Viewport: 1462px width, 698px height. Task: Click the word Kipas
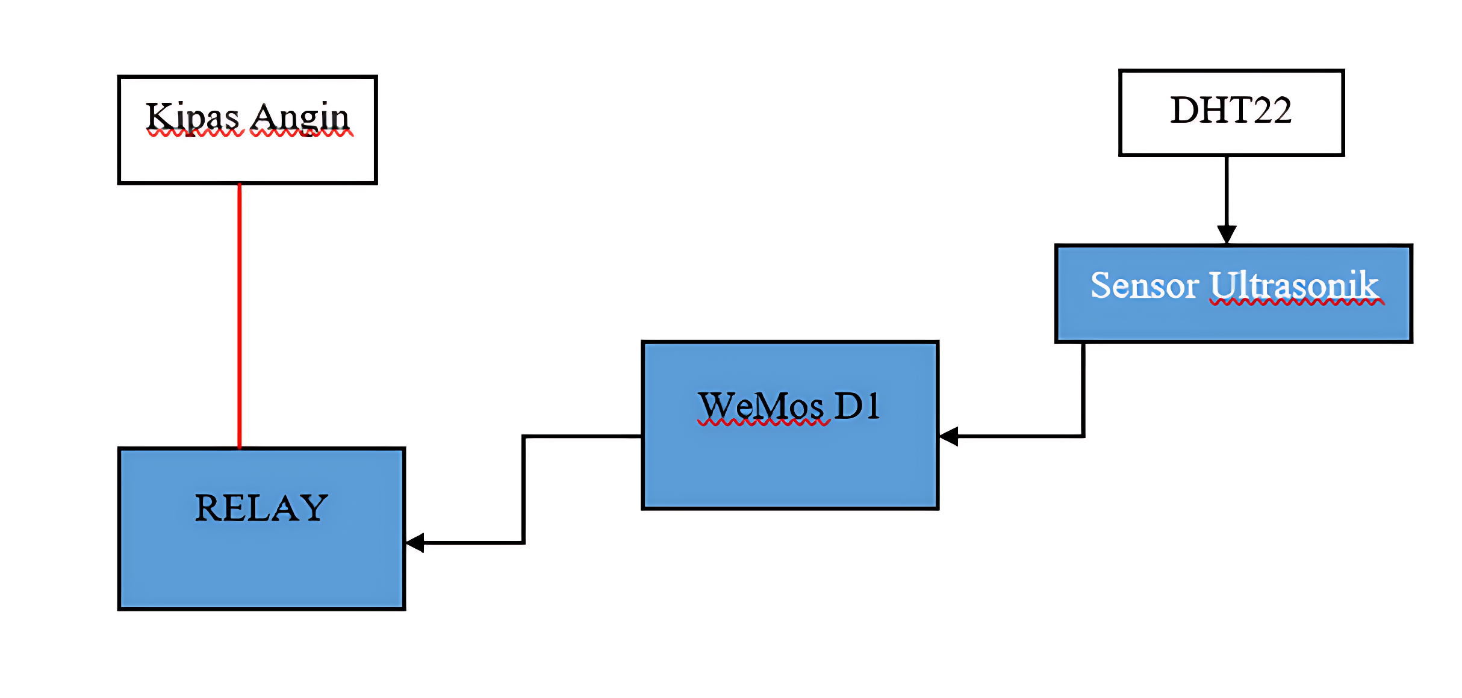pos(193,118)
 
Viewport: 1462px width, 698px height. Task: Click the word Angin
pos(300,118)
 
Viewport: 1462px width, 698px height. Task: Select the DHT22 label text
pos(1231,110)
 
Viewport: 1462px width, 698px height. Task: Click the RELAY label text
pos(261,508)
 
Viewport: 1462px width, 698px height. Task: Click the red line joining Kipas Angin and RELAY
pos(240,316)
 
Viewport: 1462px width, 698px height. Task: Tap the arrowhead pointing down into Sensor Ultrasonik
pos(1227,235)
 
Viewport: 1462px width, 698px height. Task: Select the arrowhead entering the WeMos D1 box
pos(949,436)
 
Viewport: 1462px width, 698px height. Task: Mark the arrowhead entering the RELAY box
pos(415,543)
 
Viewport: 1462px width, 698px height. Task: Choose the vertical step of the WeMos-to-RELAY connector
pos(524,489)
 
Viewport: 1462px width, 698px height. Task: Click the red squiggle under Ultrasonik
pos(1297,302)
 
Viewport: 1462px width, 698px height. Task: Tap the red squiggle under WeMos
pos(764,422)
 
